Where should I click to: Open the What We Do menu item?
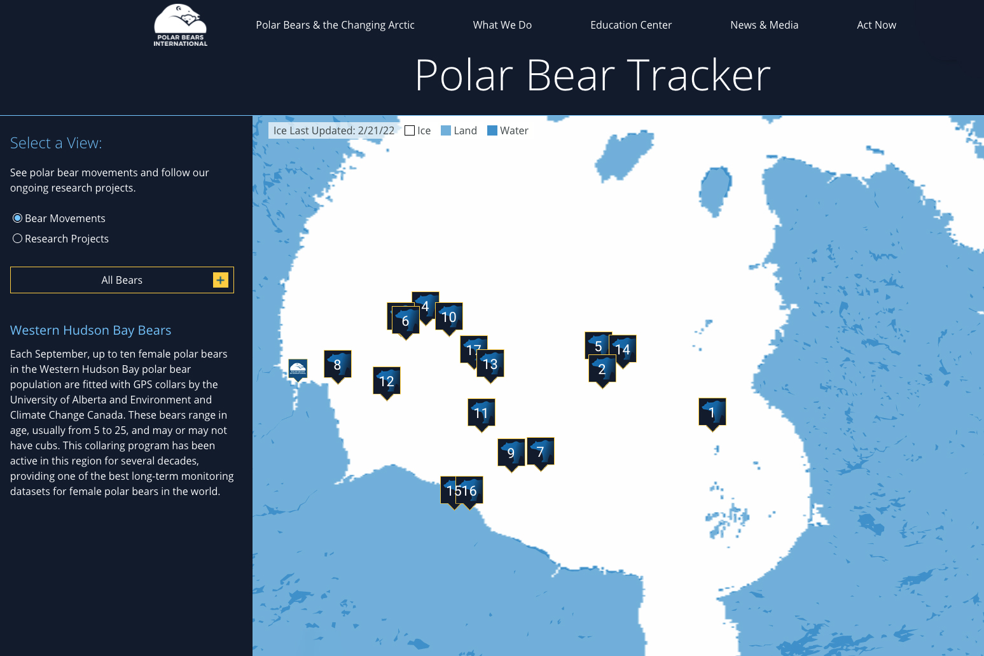click(502, 25)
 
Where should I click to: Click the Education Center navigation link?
click(630, 25)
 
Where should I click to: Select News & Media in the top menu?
click(764, 25)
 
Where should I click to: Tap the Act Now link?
click(876, 25)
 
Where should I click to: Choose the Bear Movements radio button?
click(18, 218)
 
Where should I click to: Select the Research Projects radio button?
click(18, 239)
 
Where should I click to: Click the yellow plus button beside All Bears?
click(220, 280)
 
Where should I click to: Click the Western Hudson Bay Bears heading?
click(90, 330)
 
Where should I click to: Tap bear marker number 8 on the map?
click(338, 365)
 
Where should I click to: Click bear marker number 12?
click(387, 381)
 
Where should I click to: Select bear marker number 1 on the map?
click(712, 412)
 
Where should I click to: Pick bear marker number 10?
click(449, 317)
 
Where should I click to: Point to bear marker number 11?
click(482, 413)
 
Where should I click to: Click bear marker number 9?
click(511, 452)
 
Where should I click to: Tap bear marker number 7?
click(541, 452)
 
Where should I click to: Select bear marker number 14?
click(623, 349)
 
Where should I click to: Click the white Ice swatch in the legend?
click(410, 130)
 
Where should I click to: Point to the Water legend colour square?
click(492, 130)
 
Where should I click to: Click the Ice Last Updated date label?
click(333, 130)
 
